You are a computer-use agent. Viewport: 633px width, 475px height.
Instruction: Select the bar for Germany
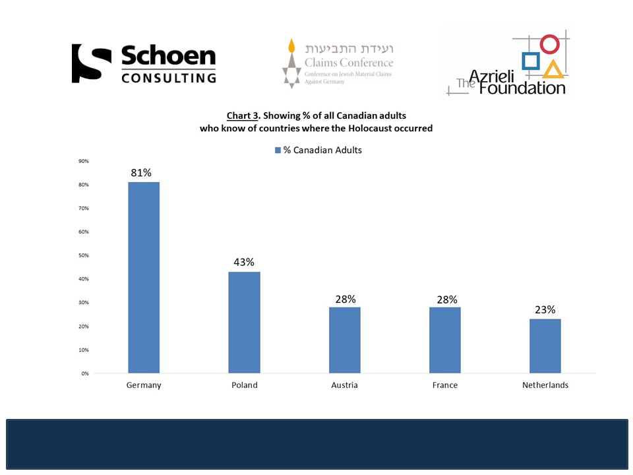point(144,277)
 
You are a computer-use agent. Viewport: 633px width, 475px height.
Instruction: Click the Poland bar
point(244,322)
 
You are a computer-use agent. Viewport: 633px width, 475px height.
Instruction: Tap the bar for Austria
point(344,340)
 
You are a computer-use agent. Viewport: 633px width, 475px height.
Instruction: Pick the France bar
point(445,340)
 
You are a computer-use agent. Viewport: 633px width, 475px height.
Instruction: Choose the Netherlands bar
point(545,346)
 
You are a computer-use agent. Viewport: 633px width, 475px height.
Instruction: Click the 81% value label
point(141,173)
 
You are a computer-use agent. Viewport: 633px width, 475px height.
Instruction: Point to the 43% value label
point(244,262)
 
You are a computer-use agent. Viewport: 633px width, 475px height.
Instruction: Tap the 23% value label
point(545,309)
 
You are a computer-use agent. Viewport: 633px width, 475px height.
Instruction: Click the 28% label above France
point(447,299)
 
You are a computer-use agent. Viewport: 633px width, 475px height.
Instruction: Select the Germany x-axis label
point(144,385)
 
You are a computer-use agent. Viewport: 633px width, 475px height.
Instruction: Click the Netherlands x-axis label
point(545,385)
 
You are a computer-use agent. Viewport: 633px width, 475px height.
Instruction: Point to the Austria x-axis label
point(344,385)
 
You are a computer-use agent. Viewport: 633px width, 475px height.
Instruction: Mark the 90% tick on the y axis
point(84,161)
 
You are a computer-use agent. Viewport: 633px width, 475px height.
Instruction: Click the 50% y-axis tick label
point(84,255)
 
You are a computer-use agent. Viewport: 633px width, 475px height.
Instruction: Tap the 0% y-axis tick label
point(85,373)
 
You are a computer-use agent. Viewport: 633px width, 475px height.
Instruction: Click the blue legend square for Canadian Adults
point(278,150)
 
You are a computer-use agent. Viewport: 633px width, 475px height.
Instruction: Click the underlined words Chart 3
point(243,116)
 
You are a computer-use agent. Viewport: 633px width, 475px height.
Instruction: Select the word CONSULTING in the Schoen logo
point(169,77)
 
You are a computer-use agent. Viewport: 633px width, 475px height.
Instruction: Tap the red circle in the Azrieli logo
point(549,45)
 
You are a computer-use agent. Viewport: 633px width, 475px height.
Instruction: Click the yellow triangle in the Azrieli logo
point(554,69)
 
